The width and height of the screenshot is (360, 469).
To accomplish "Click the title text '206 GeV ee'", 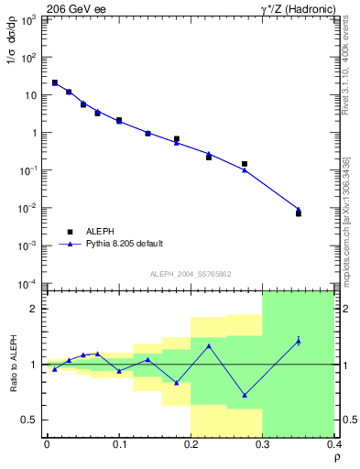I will (x=75, y=8).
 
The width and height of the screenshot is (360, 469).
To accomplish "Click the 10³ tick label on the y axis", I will (x=27, y=19).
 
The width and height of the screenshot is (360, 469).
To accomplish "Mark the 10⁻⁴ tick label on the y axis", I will (x=27, y=283).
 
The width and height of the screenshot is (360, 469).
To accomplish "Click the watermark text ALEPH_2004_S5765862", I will (x=191, y=275).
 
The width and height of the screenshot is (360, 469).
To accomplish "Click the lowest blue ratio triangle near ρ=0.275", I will (x=245, y=396).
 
